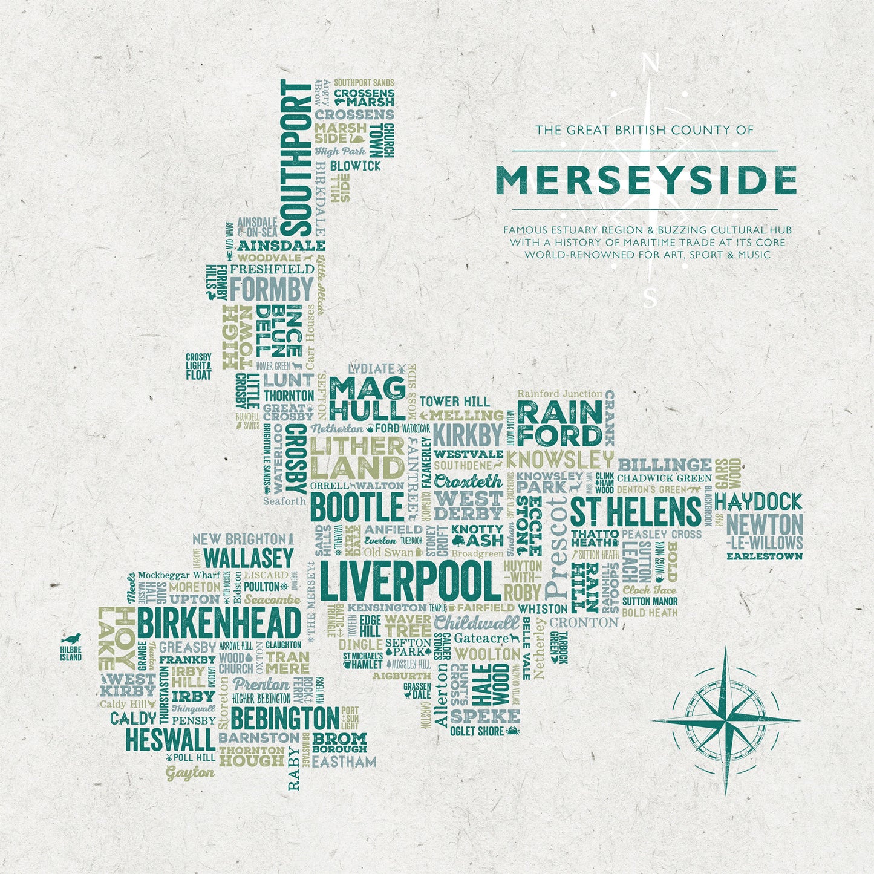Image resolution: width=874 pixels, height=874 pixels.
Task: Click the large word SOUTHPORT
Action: [x=296, y=158]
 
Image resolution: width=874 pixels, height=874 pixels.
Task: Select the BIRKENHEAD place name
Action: [x=219, y=623]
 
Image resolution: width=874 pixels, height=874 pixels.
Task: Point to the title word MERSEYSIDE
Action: [x=645, y=180]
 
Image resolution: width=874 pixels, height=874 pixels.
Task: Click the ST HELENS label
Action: [x=636, y=512]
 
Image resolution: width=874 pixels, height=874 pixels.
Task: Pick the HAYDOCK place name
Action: [x=758, y=501]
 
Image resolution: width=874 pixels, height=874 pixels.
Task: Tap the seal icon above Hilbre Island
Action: [x=71, y=639]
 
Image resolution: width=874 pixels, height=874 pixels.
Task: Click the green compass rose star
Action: [x=726, y=720]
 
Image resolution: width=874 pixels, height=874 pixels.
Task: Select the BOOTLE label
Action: [x=357, y=507]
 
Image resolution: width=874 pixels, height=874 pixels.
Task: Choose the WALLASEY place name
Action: [x=248, y=557]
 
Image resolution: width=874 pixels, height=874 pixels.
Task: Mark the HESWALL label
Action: [x=170, y=739]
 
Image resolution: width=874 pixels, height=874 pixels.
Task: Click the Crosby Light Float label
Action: [x=198, y=367]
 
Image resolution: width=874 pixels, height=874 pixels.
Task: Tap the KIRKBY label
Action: [x=468, y=435]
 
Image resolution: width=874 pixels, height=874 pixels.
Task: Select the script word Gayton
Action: [x=190, y=772]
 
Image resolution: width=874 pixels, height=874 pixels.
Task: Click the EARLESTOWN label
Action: [x=765, y=556]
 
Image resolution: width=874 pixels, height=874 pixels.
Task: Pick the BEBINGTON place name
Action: [x=284, y=719]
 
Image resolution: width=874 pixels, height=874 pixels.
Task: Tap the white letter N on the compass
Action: [x=650, y=63]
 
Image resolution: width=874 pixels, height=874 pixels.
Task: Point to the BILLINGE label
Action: [x=665, y=465]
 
